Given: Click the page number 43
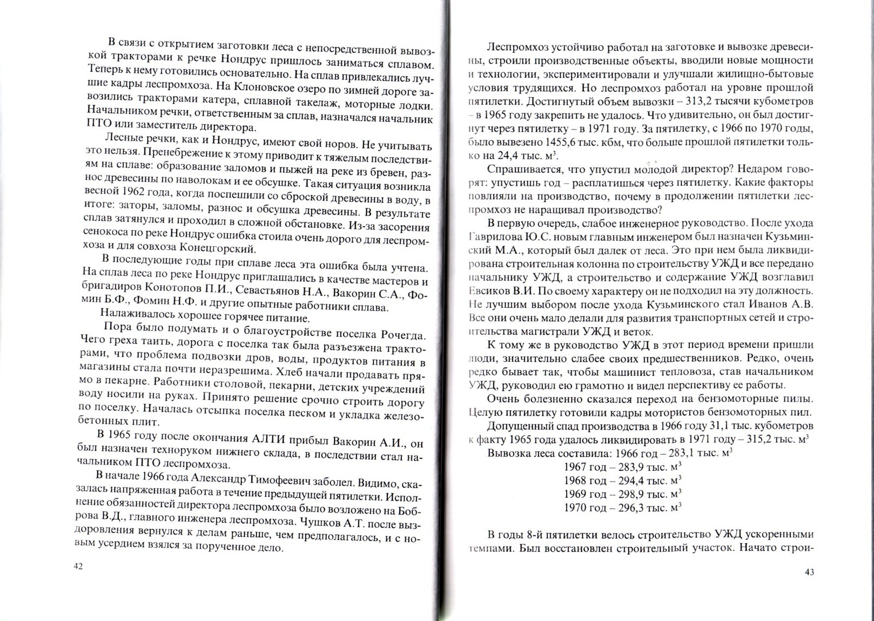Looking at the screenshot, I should click(809, 572).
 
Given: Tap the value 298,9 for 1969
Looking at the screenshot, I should click(628, 494).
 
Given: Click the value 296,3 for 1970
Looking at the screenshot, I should click(628, 508).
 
